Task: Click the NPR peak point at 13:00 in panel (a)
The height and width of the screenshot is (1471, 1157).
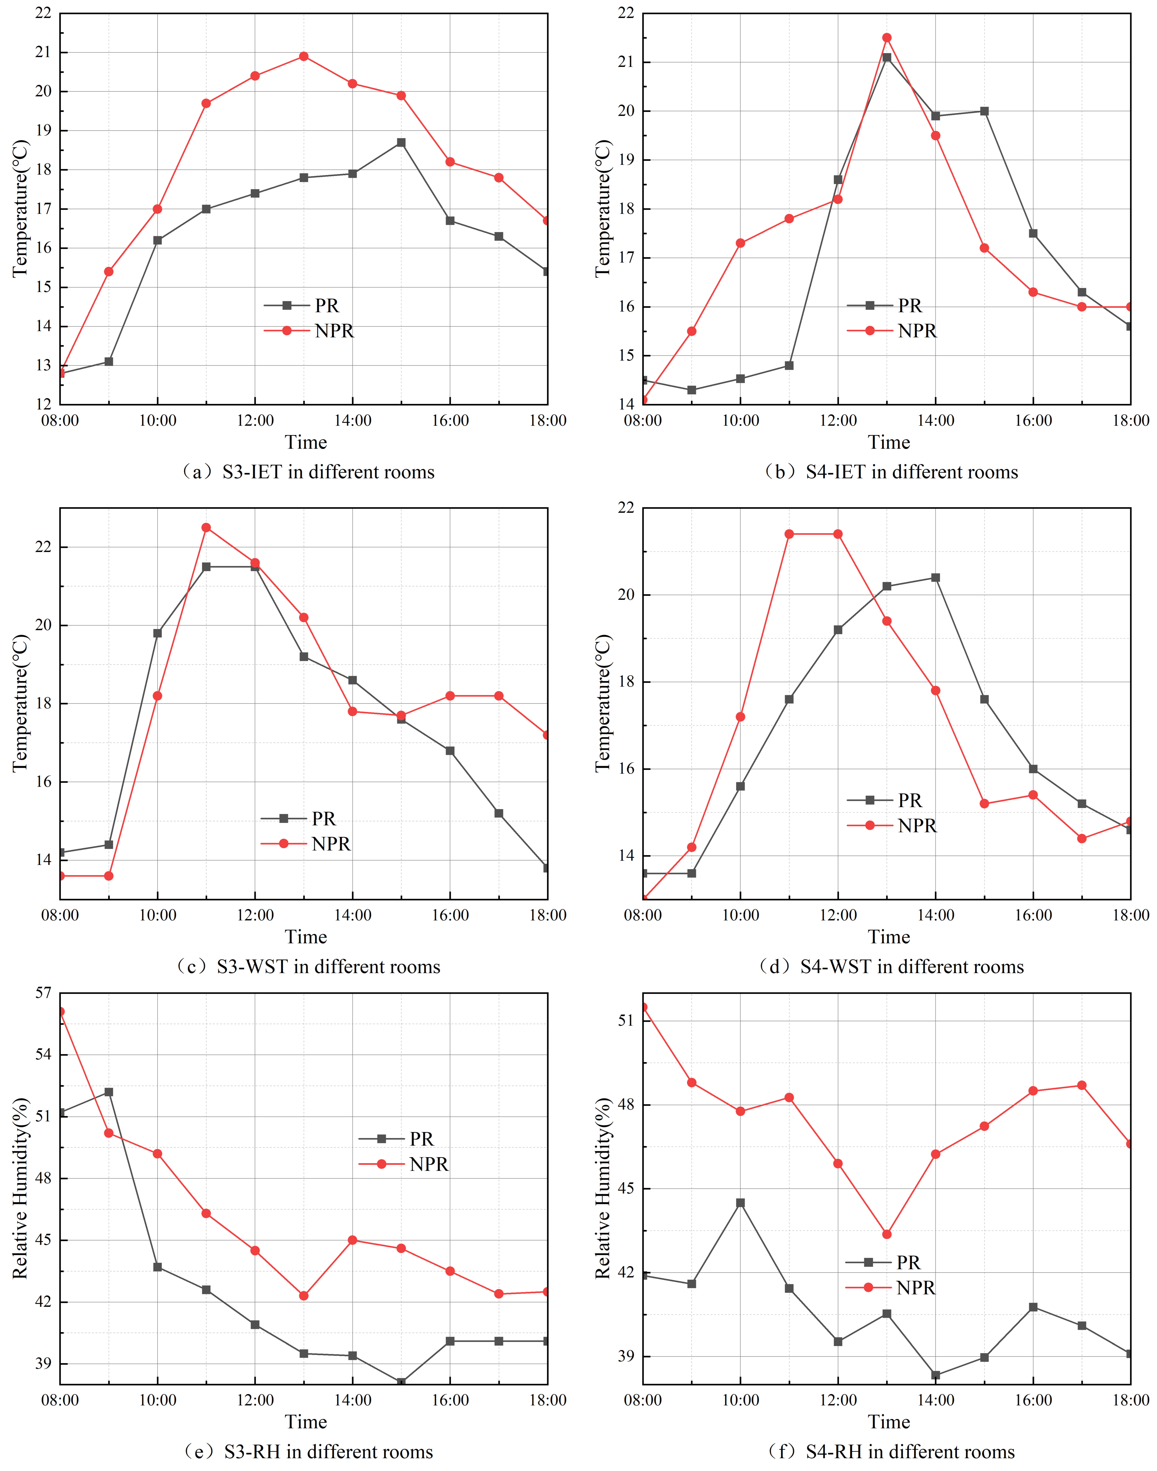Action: point(303,56)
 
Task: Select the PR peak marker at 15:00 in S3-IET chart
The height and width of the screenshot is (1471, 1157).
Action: point(401,142)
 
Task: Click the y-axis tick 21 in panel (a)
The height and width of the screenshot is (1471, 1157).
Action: point(43,52)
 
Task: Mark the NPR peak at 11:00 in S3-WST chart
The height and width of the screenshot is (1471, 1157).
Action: point(206,528)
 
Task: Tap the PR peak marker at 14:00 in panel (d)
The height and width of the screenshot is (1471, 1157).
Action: point(936,578)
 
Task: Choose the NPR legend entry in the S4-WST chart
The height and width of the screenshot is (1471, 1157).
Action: point(917,826)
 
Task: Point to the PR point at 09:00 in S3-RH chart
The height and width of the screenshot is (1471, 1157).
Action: point(108,1092)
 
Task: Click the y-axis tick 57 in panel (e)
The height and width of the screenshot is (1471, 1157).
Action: point(43,993)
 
